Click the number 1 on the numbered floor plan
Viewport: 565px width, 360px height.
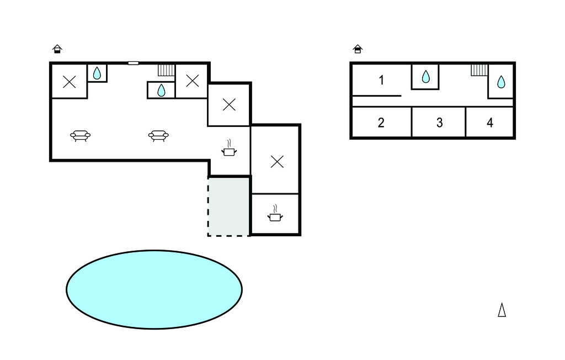coord(381,81)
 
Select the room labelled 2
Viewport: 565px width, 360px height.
coord(381,123)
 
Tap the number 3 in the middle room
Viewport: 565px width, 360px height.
coord(439,123)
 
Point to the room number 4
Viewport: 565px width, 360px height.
coord(490,123)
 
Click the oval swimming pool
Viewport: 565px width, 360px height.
coord(154,289)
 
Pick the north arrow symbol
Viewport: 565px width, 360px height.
coord(502,310)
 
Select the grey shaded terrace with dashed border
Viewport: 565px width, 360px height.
coord(229,206)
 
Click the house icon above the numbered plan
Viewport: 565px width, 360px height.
coord(358,50)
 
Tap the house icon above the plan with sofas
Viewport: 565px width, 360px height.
coord(57,49)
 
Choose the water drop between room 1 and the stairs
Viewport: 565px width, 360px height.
coord(425,77)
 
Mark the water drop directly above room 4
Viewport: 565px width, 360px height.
coord(501,82)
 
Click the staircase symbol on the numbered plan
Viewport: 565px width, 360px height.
coord(479,70)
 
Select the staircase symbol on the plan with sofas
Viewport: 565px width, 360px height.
coord(166,70)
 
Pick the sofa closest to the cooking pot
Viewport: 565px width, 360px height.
coord(158,135)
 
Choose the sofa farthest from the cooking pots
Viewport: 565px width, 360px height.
coord(81,135)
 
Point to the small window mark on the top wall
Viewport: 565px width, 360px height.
coord(133,63)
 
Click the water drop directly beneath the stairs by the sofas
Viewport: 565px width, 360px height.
coord(161,90)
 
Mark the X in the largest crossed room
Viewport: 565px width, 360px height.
coord(277,161)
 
